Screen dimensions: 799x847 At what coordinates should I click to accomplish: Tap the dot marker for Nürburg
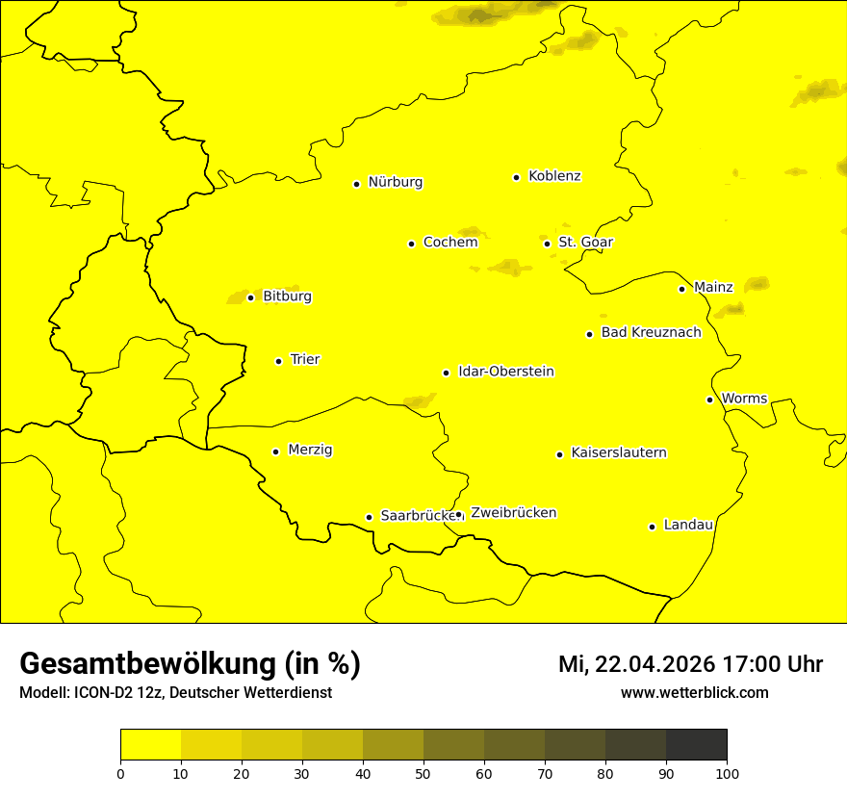356,184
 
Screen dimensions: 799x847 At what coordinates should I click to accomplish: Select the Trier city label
305,360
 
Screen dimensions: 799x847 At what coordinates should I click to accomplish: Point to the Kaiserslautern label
618,453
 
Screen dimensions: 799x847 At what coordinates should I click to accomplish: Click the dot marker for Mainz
681,289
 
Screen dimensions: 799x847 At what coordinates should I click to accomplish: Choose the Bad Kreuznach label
651,333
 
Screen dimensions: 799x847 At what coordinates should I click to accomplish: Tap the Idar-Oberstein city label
505,372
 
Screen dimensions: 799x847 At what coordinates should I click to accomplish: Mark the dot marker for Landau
652,527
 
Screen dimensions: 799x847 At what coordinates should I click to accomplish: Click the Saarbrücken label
417,516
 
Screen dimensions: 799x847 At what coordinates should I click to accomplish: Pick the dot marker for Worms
709,399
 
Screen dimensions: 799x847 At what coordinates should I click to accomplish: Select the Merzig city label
310,451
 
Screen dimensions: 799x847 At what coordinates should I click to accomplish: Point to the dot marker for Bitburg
250,297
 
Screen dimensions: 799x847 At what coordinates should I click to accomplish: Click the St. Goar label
585,243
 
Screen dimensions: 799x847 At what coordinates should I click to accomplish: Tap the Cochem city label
449,243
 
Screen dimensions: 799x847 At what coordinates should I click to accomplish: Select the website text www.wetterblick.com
695,693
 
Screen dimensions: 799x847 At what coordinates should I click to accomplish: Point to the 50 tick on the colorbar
423,772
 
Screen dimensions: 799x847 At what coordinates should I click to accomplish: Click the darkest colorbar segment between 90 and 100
696,745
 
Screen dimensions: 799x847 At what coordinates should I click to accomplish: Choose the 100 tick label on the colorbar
727,772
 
